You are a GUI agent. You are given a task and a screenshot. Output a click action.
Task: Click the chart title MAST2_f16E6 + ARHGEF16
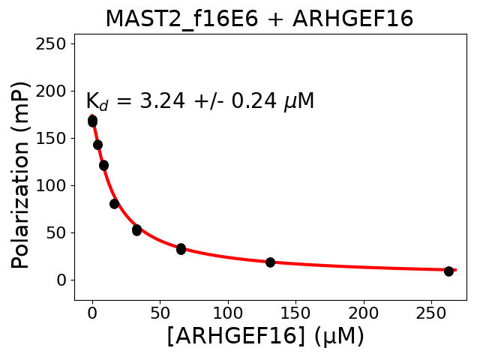[259, 19]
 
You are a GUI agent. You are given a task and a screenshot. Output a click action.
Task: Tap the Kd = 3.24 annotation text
[199, 101]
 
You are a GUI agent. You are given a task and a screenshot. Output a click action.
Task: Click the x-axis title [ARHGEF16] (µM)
[265, 336]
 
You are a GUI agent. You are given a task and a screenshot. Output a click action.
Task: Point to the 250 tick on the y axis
[52, 43]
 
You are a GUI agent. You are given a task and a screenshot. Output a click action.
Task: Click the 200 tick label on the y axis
[52, 91]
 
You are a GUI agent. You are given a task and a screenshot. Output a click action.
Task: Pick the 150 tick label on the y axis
[52, 138]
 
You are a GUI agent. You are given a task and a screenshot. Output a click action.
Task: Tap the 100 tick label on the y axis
[52, 185]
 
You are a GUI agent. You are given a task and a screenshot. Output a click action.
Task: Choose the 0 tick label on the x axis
[92, 311]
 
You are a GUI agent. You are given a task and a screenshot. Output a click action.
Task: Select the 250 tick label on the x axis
[430, 311]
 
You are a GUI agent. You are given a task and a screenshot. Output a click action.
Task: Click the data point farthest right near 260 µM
[448, 271]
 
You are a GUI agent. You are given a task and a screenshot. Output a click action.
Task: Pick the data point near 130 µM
[270, 262]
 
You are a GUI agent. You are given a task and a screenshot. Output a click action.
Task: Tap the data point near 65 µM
[181, 248]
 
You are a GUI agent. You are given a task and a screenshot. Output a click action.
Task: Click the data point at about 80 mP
[114, 203]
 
